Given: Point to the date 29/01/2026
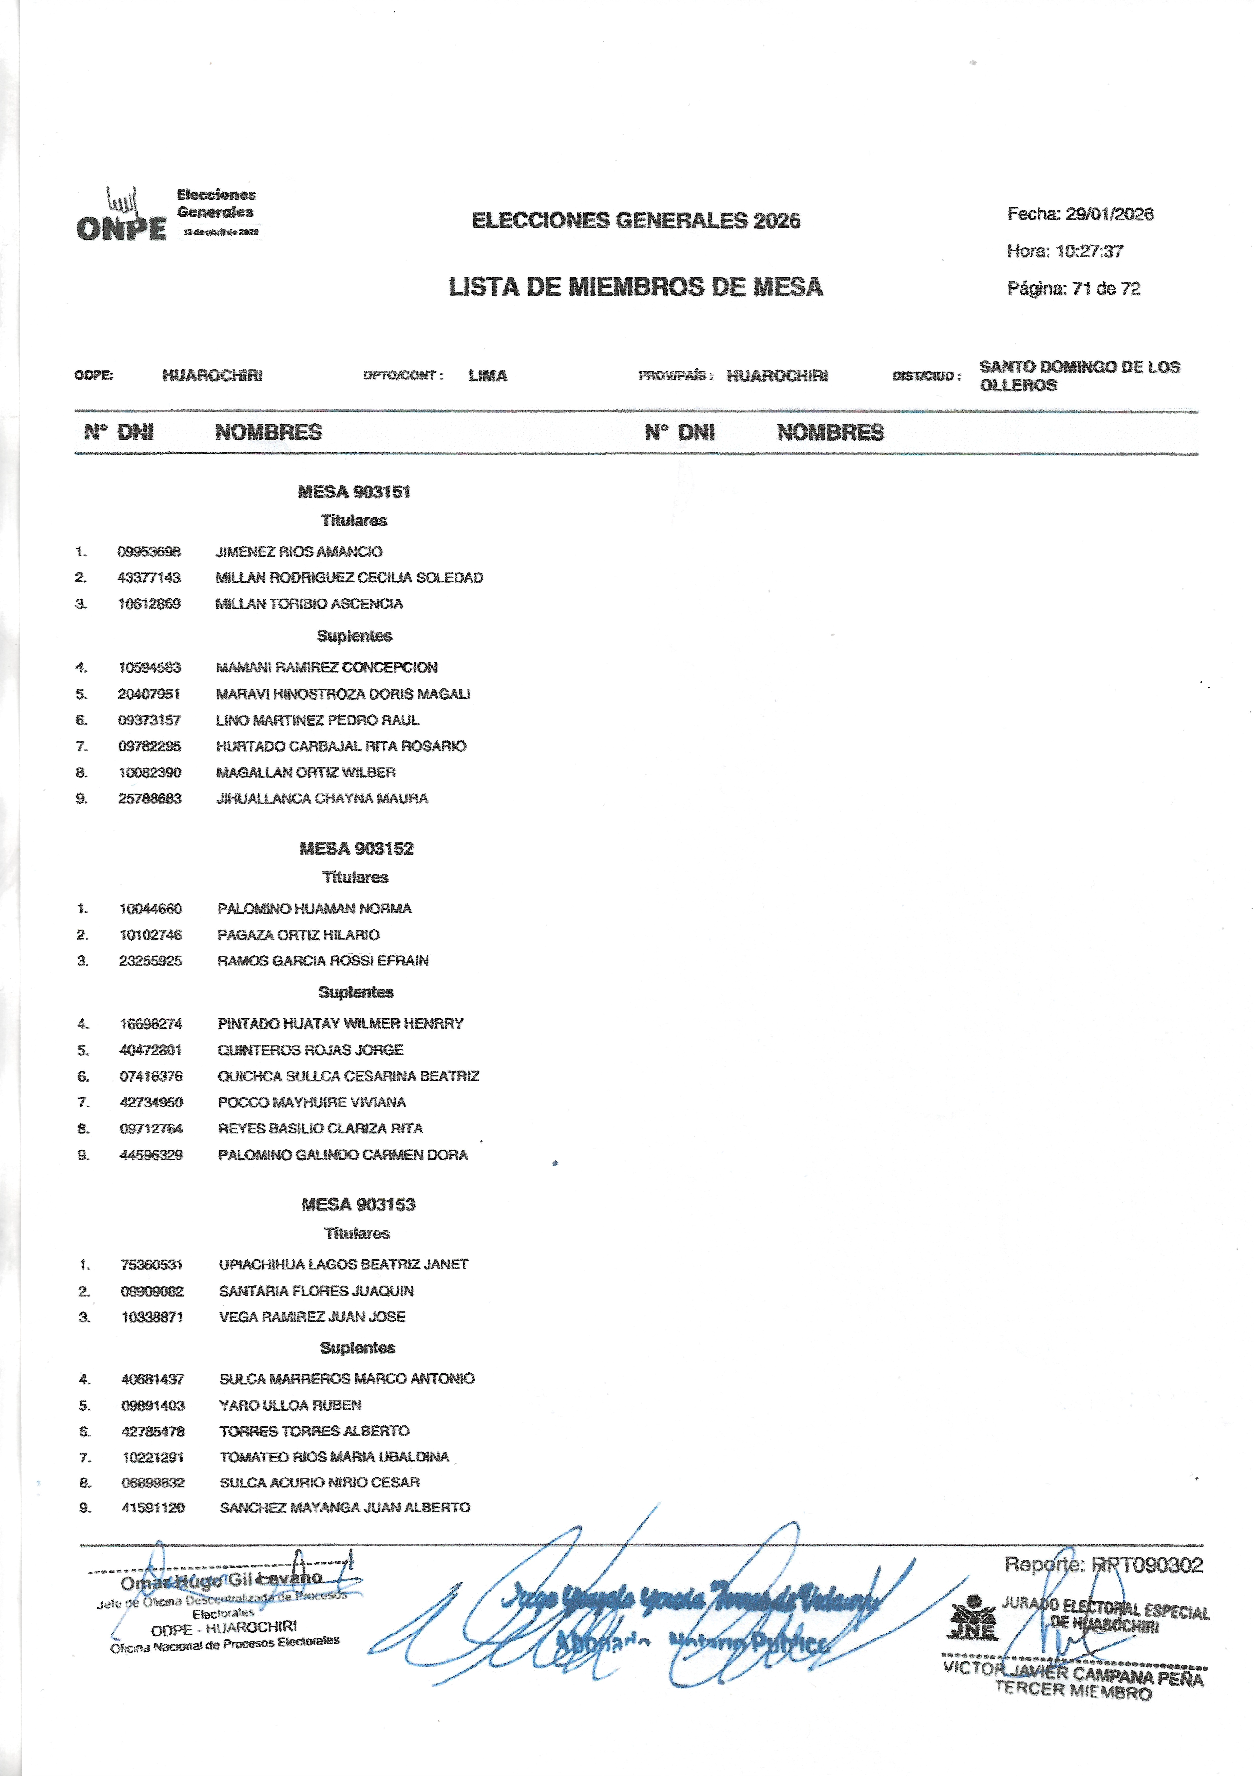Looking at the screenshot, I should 1109,215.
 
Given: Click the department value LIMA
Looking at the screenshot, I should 487,376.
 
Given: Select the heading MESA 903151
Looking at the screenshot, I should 354,492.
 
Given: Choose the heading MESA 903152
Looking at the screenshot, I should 356,849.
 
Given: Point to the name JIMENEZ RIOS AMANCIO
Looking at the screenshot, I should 299,552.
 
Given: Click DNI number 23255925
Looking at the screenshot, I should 151,961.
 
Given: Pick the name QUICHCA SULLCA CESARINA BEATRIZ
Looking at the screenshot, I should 349,1076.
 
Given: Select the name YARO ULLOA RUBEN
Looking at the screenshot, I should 291,1406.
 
